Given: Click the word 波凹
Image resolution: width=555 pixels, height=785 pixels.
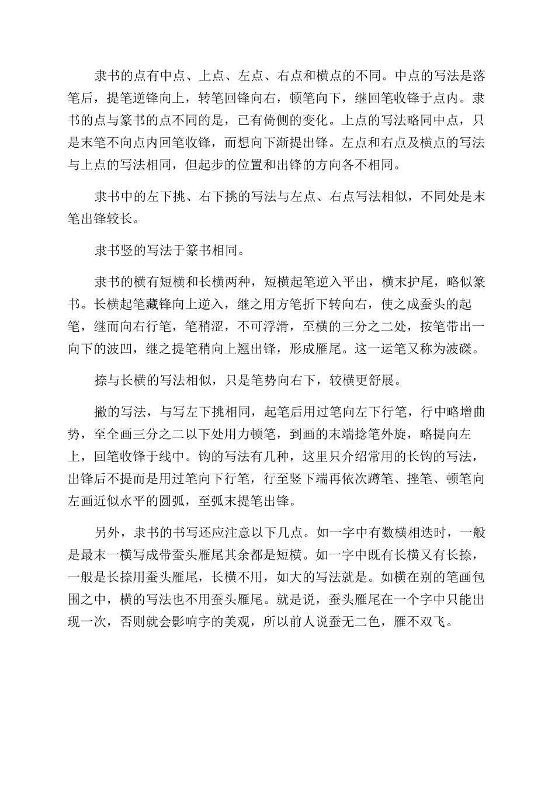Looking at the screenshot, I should pyautogui.click(x=147, y=350).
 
